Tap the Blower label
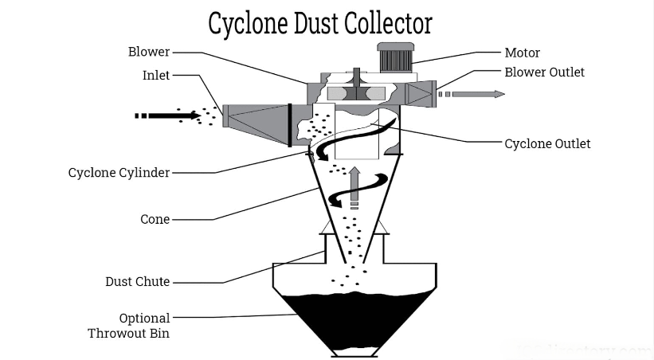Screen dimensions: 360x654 pos(149,52)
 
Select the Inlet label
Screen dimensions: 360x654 pos(155,76)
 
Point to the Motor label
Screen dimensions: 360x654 pos(522,53)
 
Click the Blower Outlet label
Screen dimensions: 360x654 pos(544,72)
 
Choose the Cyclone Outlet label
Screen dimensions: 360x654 pos(547,144)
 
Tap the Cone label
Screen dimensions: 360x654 pos(155,219)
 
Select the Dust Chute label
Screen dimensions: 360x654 pos(137,282)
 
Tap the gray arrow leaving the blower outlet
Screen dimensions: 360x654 pos(473,94)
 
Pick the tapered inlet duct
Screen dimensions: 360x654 pos(255,116)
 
